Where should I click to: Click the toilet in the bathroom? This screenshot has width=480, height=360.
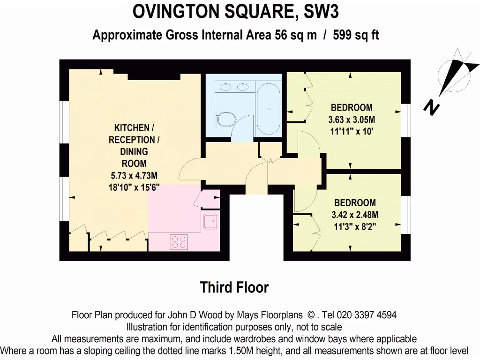225,119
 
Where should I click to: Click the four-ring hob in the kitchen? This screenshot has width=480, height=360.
178,242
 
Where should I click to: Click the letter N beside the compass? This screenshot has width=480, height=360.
431,108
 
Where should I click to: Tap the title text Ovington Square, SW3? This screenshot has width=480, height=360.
235,12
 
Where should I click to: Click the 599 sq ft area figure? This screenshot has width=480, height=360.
356,36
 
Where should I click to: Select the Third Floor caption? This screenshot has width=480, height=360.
234,287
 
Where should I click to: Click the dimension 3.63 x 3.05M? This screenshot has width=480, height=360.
352,119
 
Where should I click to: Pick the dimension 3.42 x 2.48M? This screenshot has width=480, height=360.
355,215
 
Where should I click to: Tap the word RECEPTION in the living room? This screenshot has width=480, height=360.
132,140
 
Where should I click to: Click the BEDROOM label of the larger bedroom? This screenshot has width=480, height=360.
352,107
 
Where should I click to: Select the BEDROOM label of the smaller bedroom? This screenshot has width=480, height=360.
355,203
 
